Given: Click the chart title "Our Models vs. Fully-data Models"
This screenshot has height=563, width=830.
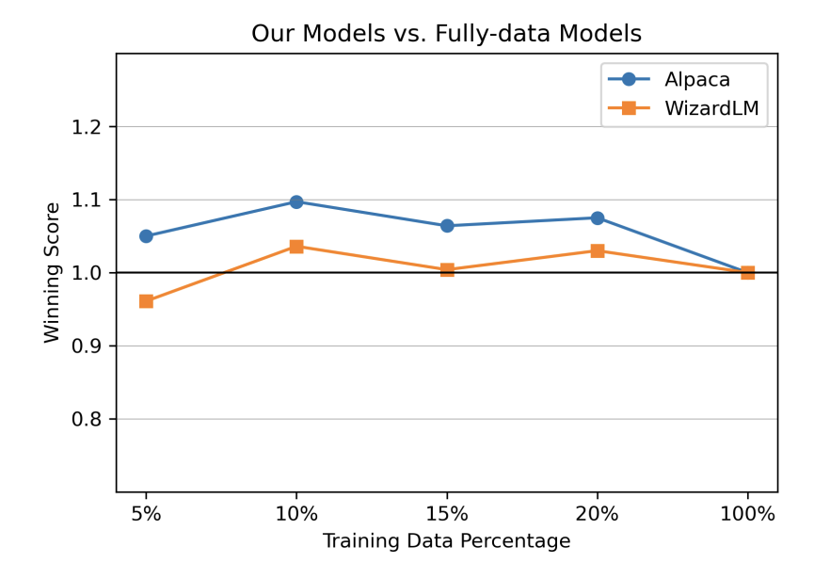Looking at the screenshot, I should tap(446, 34).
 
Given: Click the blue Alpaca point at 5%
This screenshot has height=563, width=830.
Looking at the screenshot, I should tap(146, 236).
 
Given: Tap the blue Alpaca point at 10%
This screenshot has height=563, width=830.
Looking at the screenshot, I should tap(296, 201).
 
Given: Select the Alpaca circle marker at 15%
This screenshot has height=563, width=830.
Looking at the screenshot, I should tap(447, 226).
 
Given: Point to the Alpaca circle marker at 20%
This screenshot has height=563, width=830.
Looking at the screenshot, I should tap(598, 217).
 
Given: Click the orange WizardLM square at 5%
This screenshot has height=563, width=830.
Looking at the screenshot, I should tap(146, 301).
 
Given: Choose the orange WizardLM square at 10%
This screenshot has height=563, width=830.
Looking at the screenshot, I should tap(296, 247).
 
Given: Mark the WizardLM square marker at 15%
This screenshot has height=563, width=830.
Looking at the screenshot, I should tap(447, 270).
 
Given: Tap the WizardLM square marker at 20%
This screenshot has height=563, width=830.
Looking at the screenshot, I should tap(598, 250).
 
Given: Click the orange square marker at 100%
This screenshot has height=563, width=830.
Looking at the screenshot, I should tap(747, 273).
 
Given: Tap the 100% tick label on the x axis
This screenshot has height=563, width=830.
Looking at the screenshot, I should tap(747, 514).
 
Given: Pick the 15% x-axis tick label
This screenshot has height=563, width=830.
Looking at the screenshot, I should tap(447, 514).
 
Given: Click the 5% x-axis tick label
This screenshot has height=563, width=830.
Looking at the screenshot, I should tap(146, 514).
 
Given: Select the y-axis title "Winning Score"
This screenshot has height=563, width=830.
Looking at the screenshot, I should tap(53, 272).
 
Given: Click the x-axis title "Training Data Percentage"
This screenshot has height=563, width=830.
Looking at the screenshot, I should tap(446, 541).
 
